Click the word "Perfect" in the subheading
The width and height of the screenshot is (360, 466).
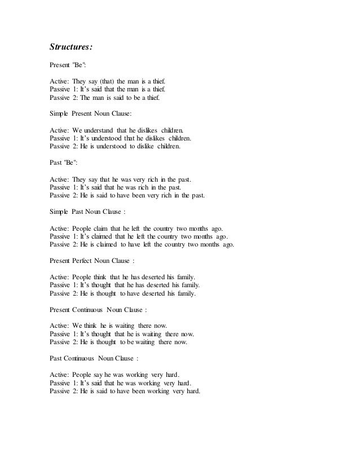(x=93, y=261)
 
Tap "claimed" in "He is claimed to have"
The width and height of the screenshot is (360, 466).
(x=111, y=244)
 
